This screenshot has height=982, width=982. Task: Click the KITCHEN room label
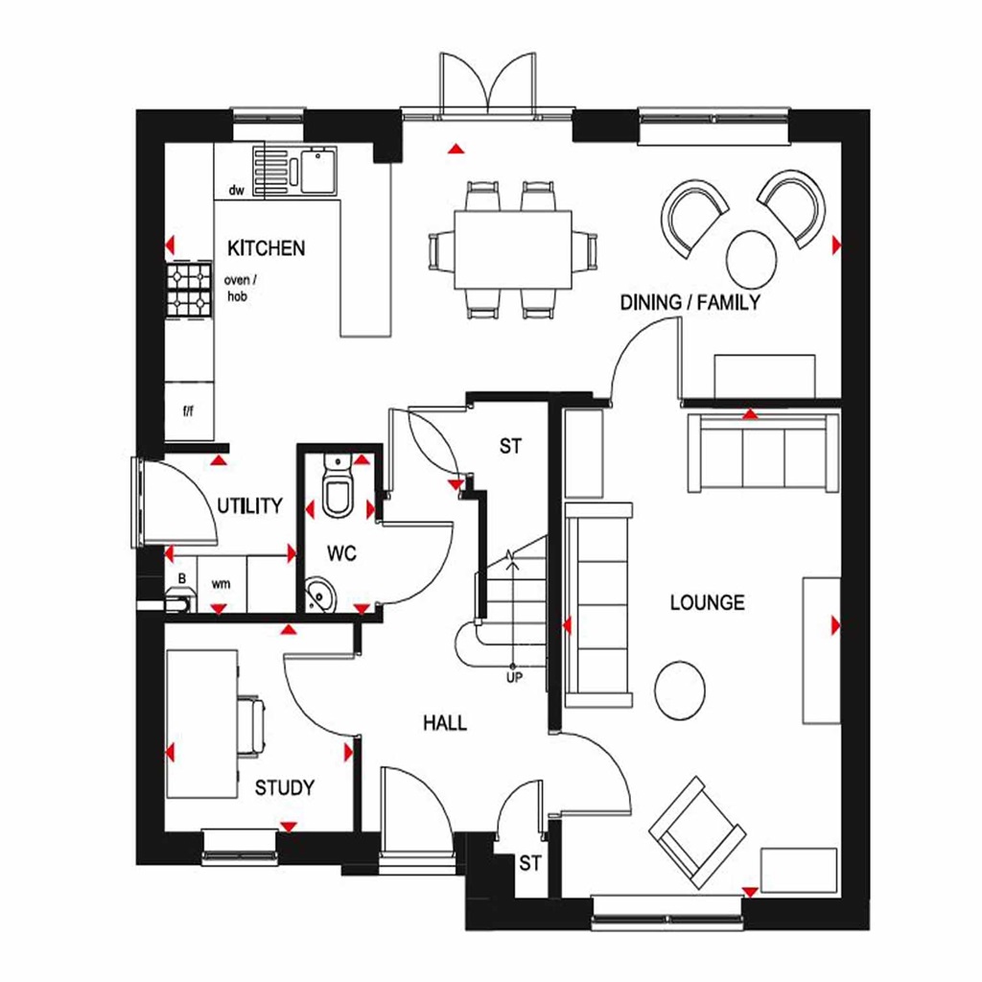pos(266,248)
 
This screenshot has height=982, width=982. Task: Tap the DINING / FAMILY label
pos(690,303)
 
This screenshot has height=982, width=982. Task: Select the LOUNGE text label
pos(707,603)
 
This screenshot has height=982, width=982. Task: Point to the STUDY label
pos(284,788)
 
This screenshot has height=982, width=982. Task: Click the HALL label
pos(445,723)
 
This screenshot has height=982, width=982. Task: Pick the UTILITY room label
pos(249,505)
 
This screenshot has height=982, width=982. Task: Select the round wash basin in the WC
pos(319,596)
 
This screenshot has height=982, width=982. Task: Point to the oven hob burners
pos(189,290)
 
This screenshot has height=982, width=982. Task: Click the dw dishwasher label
pos(236,190)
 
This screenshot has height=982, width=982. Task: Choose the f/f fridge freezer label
pos(188,409)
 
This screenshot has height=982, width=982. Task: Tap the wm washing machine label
pos(221,582)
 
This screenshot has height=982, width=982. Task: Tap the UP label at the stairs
pos(514,677)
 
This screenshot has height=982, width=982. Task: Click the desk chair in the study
pos(252,726)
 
